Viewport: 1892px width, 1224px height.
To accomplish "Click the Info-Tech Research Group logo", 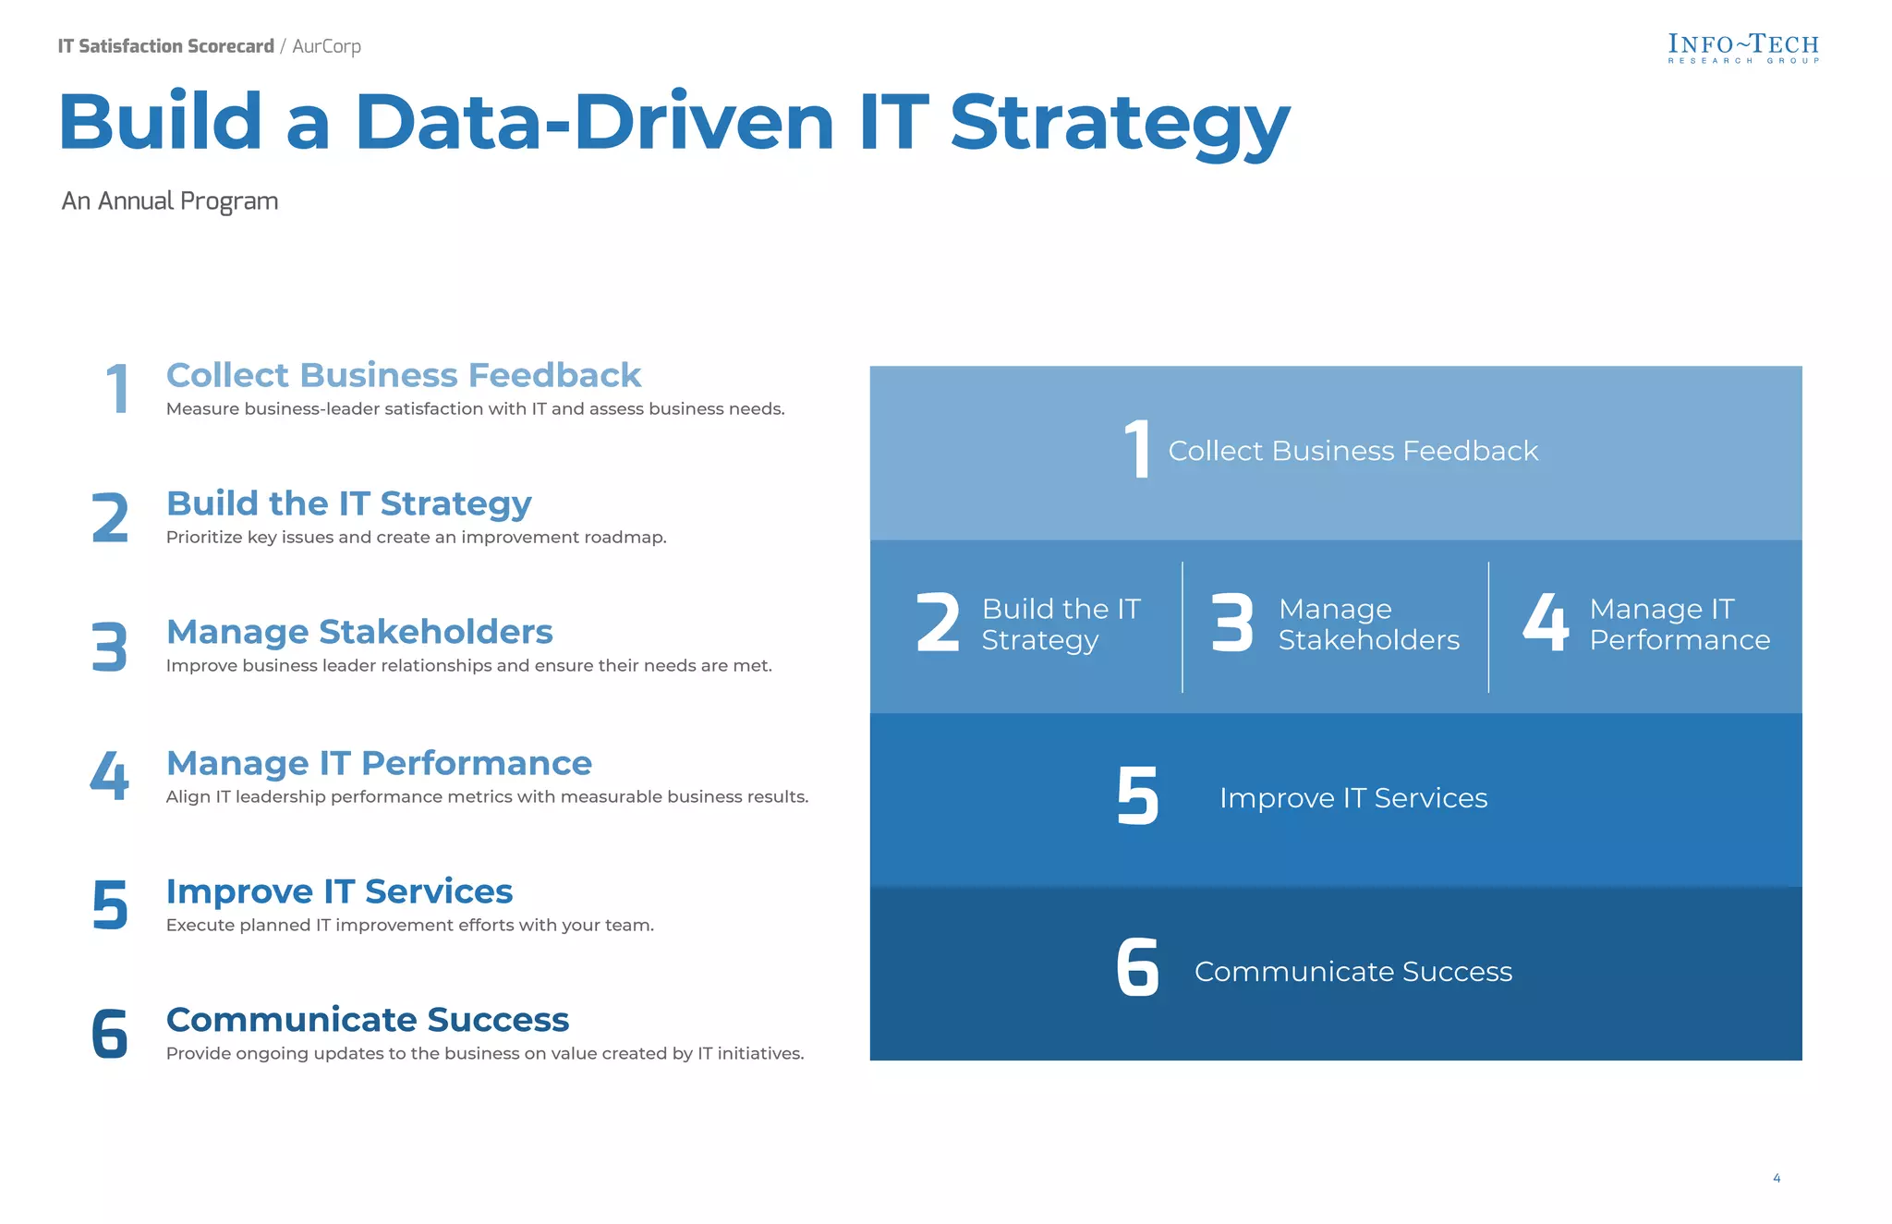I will click(x=1742, y=48).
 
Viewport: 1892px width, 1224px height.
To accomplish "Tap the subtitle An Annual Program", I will click(x=170, y=201).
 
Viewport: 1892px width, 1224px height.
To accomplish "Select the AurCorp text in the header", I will click(x=326, y=46).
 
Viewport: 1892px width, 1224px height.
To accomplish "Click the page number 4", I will click(x=1776, y=1178).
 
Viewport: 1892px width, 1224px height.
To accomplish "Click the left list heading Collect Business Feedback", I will click(x=403, y=375).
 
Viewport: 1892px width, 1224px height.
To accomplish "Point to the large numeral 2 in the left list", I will click(x=110, y=518).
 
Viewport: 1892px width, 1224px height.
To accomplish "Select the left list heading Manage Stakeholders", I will click(x=359, y=632).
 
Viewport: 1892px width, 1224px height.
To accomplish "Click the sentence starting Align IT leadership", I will click(x=487, y=797).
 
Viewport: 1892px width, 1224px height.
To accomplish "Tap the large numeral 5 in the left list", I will click(x=110, y=906).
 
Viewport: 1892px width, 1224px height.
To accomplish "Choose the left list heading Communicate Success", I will click(x=367, y=1020).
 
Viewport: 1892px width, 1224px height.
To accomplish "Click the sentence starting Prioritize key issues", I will click(x=416, y=538).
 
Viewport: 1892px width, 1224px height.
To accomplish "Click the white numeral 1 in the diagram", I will click(x=1138, y=449).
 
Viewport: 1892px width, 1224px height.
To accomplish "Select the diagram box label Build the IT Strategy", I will click(x=1061, y=624).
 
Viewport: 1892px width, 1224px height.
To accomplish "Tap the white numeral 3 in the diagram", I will click(x=1232, y=624).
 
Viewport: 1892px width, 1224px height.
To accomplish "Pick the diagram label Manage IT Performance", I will click(x=1679, y=624).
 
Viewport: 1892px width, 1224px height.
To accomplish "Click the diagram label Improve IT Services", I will click(x=1352, y=798).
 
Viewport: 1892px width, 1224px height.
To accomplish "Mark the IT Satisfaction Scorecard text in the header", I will click(x=166, y=46).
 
